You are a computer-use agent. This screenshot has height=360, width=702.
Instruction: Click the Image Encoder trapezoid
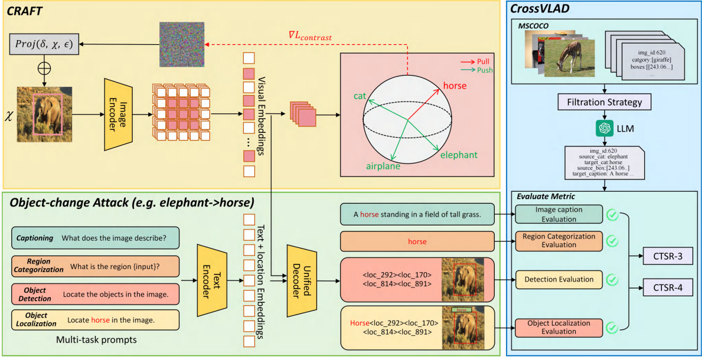click(x=119, y=113)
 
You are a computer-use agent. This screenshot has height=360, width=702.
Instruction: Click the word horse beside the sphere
click(x=455, y=86)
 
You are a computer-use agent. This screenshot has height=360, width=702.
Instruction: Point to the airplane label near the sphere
click(x=383, y=166)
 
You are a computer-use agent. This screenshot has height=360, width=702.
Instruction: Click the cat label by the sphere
click(x=360, y=96)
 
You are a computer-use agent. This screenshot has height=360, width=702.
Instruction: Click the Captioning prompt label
click(x=35, y=238)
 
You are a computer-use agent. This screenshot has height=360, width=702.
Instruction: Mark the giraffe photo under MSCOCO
click(x=569, y=57)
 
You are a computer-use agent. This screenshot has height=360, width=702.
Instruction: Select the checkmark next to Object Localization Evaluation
click(x=613, y=326)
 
